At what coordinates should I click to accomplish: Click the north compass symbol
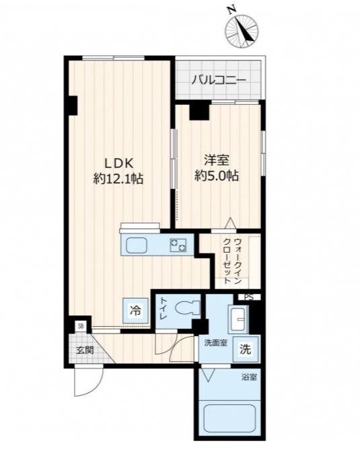242,30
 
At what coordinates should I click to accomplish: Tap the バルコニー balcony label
219,80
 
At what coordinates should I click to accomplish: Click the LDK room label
118,163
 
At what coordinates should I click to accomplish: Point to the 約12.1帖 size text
118,179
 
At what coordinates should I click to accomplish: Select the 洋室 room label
217,161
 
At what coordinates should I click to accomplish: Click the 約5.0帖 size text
217,176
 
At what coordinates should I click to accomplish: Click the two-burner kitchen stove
178,245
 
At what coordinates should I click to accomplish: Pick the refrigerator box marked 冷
135,311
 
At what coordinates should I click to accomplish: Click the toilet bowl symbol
188,307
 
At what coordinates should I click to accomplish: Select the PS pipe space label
249,297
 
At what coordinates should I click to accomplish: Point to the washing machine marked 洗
246,349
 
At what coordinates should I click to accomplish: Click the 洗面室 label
216,343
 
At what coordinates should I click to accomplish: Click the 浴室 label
249,377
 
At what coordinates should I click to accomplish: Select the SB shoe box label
81,326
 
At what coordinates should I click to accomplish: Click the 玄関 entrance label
85,350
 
